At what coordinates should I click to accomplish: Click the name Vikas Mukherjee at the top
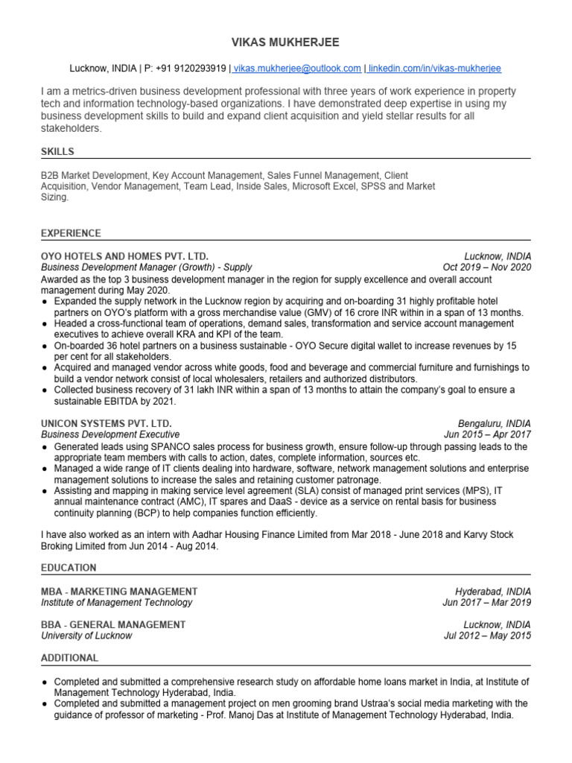(286, 42)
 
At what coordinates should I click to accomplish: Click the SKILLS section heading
(58, 152)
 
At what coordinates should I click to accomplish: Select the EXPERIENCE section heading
(71, 233)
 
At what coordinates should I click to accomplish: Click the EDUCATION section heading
(69, 568)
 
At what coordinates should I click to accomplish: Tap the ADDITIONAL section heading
(70, 658)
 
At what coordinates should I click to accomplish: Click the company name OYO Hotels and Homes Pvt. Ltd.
(124, 256)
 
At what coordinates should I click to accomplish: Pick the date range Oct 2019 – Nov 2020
(486, 267)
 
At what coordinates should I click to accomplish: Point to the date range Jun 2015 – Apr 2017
(487, 434)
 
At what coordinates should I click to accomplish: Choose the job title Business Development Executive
(110, 434)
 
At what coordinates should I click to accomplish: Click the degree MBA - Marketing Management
(119, 591)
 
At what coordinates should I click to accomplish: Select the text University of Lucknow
(86, 636)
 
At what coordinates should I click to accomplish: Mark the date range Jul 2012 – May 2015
(486, 636)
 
